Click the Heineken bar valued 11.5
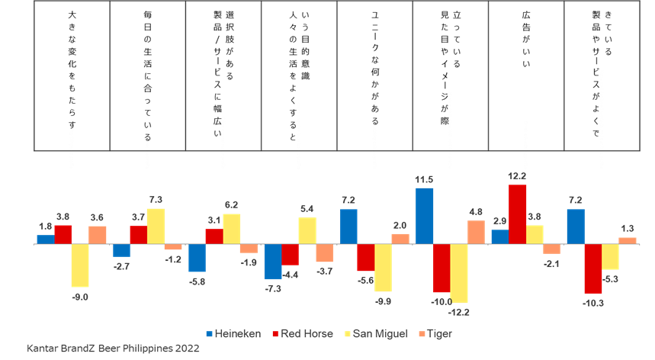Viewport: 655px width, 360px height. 425,216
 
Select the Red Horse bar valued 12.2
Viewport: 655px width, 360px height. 518,214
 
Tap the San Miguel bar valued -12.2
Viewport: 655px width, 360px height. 459,274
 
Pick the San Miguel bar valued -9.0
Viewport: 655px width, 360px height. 80,265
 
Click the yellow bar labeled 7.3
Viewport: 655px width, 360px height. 156,226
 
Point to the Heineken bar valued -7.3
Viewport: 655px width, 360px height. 272,262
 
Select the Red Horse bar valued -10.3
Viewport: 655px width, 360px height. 593,269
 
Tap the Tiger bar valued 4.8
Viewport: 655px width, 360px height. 477,233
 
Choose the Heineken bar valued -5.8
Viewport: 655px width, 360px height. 197,258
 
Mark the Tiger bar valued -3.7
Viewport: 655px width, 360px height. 325,253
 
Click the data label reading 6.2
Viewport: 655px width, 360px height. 232,205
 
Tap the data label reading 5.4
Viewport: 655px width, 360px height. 307,208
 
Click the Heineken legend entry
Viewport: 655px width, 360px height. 233,334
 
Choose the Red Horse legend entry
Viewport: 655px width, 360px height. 302,334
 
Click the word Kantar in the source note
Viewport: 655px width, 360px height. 43,349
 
